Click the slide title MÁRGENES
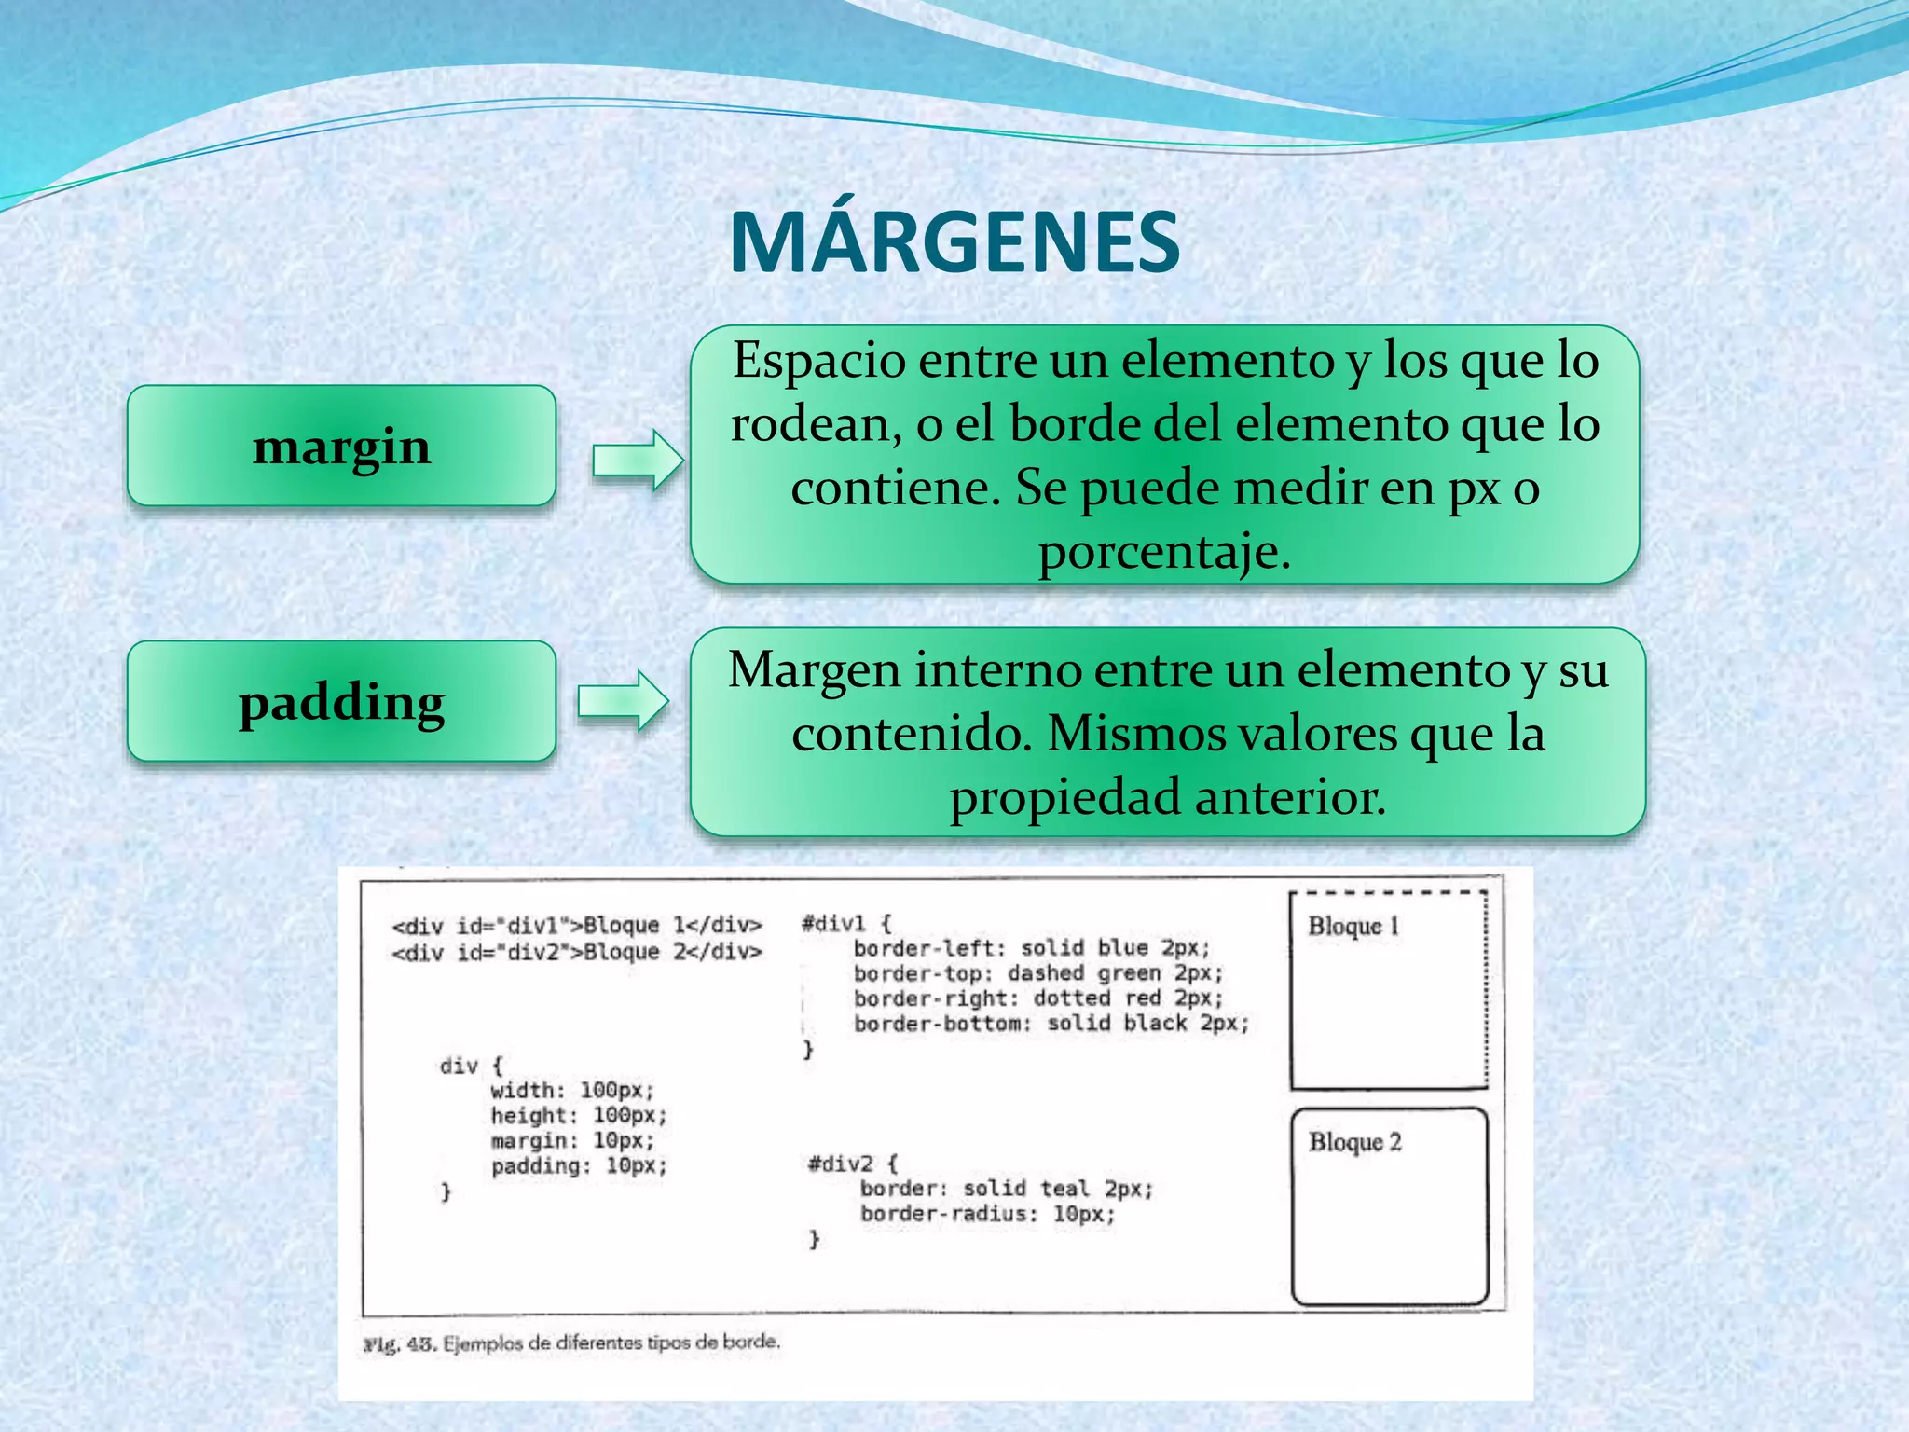pyautogui.click(x=954, y=242)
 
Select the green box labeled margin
pyautogui.click(x=341, y=446)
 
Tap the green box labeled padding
pyautogui.click(x=341, y=701)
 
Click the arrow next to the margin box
pyautogui.click(x=638, y=460)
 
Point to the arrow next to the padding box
pyautogui.click(x=623, y=700)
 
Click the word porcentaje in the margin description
pyautogui.click(x=1164, y=551)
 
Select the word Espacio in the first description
pyautogui.click(x=818, y=360)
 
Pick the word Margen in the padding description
pyautogui.click(x=815, y=669)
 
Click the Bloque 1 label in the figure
pyautogui.click(x=1353, y=926)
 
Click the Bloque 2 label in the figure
pyautogui.click(x=1354, y=1142)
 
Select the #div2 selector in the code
pyautogui.click(x=841, y=1163)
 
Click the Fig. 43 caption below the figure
pyautogui.click(x=570, y=1343)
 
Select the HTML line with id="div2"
pyautogui.click(x=577, y=952)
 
